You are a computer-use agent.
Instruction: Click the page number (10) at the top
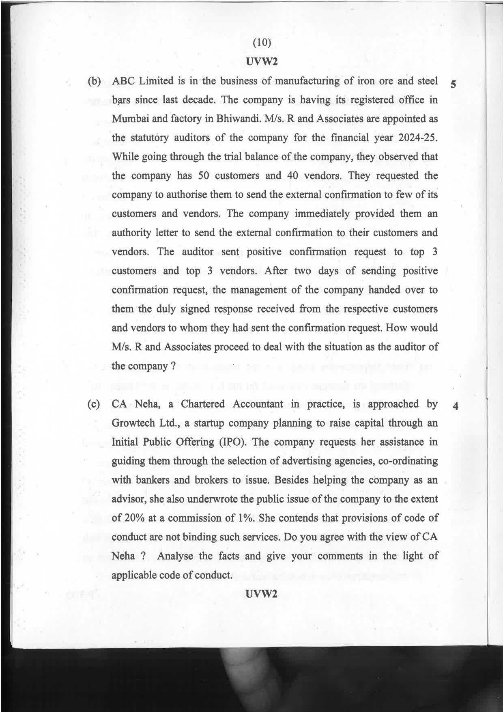click(261, 42)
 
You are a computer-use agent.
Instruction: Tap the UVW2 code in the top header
click(261, 62)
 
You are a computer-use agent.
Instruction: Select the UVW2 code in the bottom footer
click(261, 594)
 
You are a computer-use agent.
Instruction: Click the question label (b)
click(94, 81)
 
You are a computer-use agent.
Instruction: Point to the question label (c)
click(94, 404)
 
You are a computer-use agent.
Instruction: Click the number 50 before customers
click(204, 176)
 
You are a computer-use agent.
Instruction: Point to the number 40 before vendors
click(293, 176)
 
